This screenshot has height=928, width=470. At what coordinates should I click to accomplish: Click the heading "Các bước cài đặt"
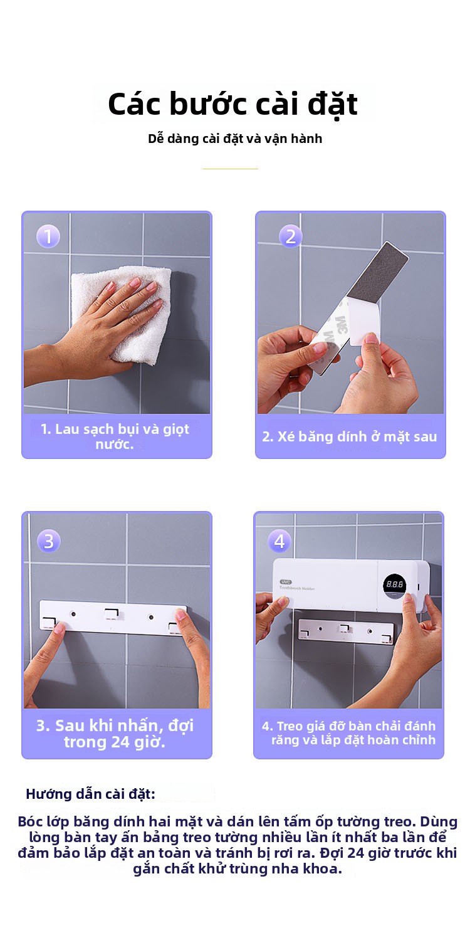coord(232,103)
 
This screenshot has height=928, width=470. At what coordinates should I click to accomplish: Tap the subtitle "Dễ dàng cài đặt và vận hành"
coord(235,139)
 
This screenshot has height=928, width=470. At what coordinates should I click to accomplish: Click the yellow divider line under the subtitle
coord(230,169)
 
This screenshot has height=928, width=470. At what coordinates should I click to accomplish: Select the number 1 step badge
coord(48,236)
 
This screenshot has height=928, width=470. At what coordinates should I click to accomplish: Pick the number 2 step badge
coord(290,236)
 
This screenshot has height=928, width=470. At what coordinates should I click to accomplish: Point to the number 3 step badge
coord(48,541)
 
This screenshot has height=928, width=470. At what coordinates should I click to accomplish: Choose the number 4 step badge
coord(279,541)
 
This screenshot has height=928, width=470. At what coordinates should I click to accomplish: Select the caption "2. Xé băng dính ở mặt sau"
coord(350,436)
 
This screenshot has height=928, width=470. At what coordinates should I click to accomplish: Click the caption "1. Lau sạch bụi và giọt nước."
coord(115,436)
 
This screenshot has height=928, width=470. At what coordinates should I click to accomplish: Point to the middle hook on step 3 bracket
coord(112,614)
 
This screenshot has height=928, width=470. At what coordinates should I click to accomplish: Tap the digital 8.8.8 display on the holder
coord(394,584)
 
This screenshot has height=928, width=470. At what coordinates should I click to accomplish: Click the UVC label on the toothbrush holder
coord(286,582)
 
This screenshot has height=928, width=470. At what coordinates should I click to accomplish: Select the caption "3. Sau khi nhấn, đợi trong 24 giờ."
coord(115,734)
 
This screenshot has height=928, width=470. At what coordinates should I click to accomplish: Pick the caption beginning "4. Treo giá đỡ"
coord(348,733)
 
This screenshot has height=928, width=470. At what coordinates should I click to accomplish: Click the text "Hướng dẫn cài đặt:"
coord(90,794)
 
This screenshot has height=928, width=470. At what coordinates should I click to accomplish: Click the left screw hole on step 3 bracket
coord(73,614)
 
